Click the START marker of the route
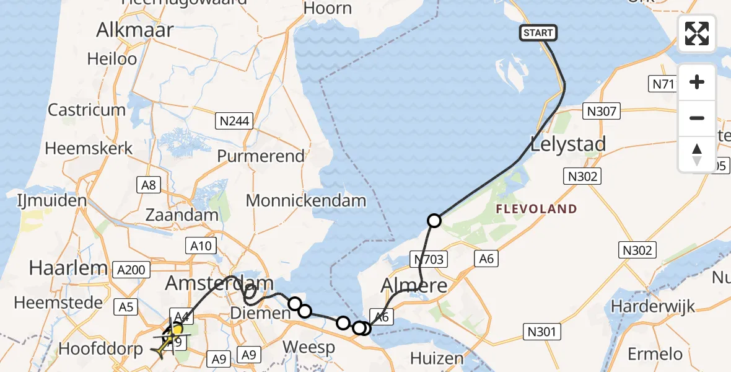tap(538, 33)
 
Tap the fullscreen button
tap(697, 33)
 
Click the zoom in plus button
tap(697, 82)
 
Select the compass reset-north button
tap(697, 154)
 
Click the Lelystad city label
tap(568, 144)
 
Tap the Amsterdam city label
tap(219, 283)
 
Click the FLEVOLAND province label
tap(536, 209)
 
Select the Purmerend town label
tap(261, 156)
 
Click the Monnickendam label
tap(306, 201)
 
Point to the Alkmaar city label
tap(134, 30)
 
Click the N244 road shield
tap(234, 121)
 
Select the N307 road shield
tap(601, 112)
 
